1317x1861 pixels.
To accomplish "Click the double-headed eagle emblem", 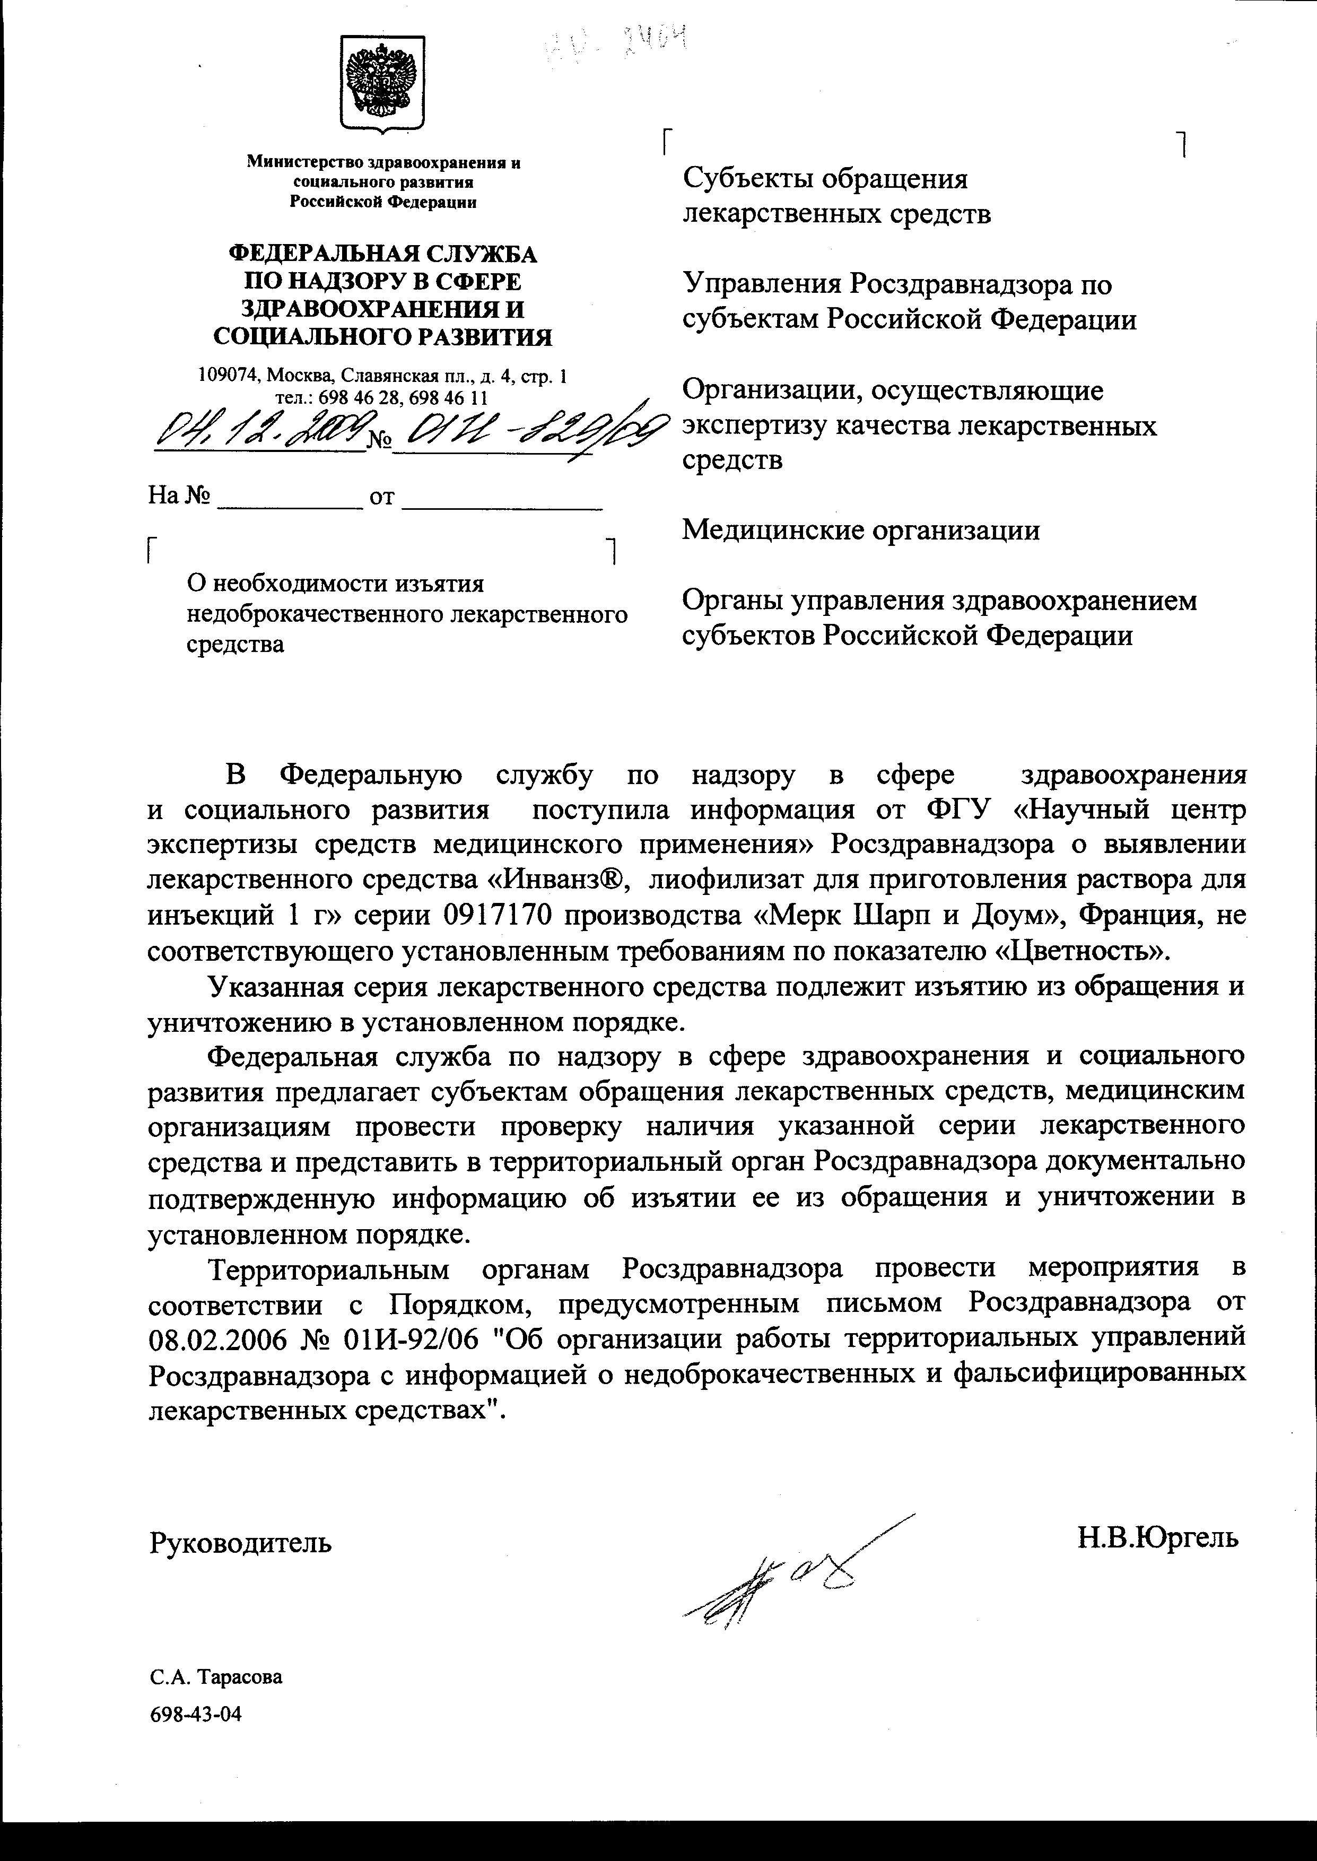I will [x=382, y=84].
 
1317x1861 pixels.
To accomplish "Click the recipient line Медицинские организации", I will [x=860, y=531].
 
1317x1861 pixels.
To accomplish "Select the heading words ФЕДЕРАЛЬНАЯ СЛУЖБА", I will [x=383, y=255].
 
